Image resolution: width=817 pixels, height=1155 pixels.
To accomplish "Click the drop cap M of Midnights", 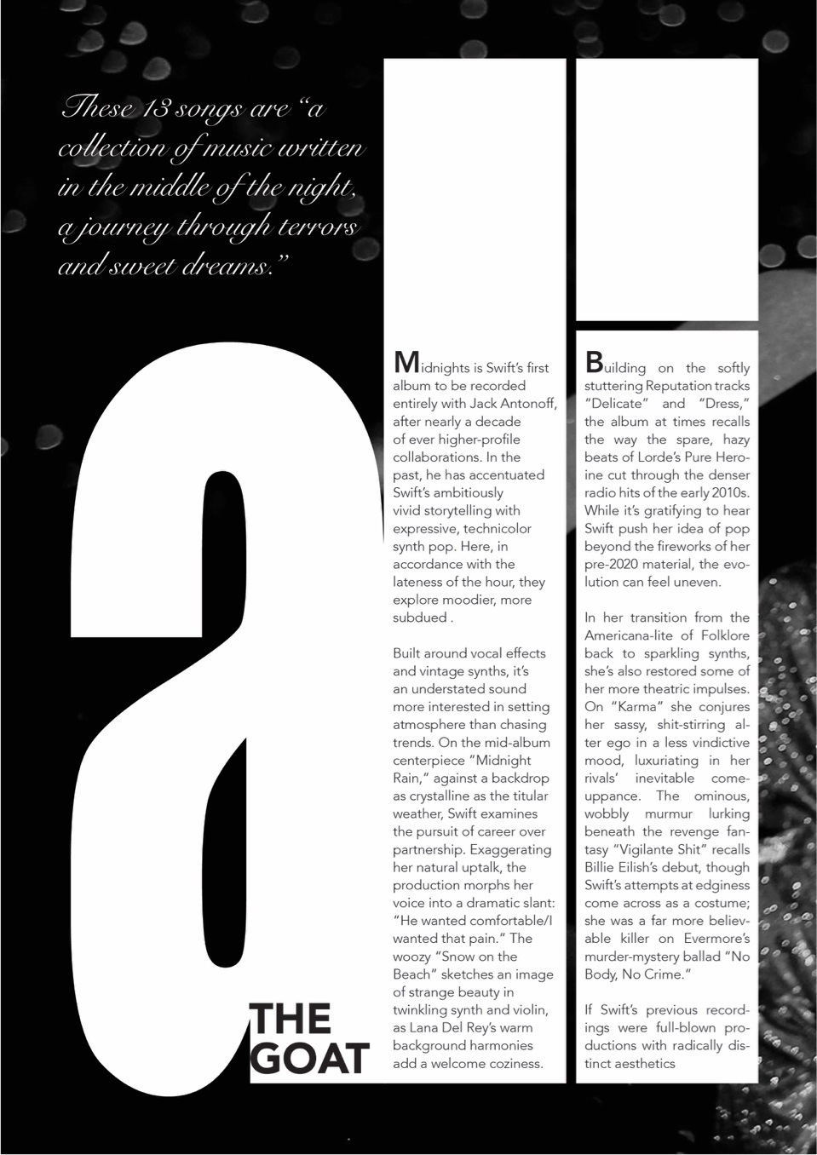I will (406, 363).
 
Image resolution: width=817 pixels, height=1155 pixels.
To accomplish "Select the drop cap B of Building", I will (594, 363).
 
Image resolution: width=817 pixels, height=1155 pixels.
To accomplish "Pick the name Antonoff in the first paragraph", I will (528, 404).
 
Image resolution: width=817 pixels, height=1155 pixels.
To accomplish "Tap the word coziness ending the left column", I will (514, 1064).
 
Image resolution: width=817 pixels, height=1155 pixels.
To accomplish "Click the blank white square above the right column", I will (667, 190).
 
